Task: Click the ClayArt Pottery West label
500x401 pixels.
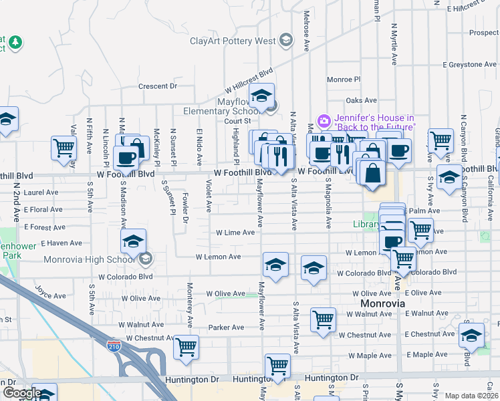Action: tap(233, 41)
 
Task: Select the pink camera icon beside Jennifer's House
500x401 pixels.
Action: tap(324, 121)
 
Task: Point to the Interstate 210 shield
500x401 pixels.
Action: tap(114, 345)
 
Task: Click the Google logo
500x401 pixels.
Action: tap(22, 392)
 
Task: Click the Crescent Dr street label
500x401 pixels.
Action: tap(157, 86)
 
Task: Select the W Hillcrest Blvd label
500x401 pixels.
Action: tap(249, 80)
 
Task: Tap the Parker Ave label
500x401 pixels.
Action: tap(226, 327)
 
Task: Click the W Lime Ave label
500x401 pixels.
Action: tap(235, 233)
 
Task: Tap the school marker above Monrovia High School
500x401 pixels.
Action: tap(133, 240)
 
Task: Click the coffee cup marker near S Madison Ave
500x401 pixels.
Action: tap(126, 158)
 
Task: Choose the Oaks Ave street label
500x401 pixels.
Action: tap(358, 100)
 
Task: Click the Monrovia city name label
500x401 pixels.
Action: tap(378, 303)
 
